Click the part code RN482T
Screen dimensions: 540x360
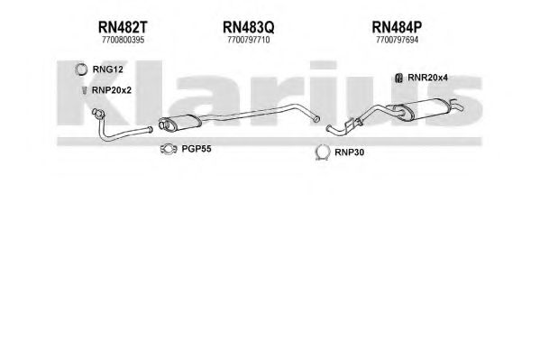pyautogui.click(x=123, y=27)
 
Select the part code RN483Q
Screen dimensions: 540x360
pyautogui.click(x=248, y=27)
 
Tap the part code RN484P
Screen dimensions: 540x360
pyautogui.click(x=397, y=27)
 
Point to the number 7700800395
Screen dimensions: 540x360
pyautogui.click(x=123, y=40)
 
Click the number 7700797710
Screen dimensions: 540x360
pyautogui.click(x=248, y=40)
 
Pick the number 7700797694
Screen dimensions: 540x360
pyautogui.click(x=397, y=40)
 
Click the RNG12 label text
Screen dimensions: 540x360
pyautogui.click(x=108, y=69)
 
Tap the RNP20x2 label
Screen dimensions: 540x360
pyautogui.click(x=112, y=90)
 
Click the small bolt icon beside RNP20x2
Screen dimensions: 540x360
pyautogui.click(x=84, y=90)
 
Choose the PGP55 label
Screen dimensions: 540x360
pyautogui.click(x=197, y=149)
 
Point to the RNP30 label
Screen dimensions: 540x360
pyautogui.click(x=349, y=152)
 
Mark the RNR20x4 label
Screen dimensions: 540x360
pyautogui.click(x=427, y=78)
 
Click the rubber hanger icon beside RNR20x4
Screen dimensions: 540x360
pyautogui.click(x=398, y=78)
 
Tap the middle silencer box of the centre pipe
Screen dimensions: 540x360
pyautogui.click(x=178, y=123)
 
